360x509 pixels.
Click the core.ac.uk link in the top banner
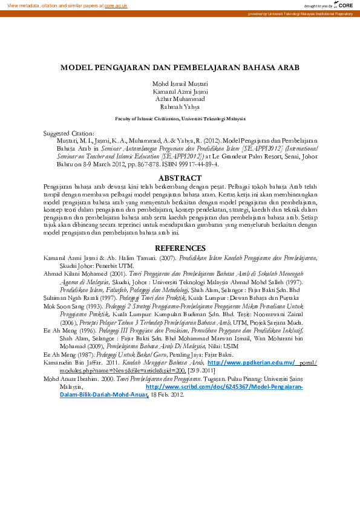tap(116, 5)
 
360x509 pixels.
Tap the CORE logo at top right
tap(344, 5)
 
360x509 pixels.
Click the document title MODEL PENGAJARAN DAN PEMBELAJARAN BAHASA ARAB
tap(180, 68)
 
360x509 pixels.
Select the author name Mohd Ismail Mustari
tap(180, 83)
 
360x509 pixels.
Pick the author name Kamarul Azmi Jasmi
tap(180, 91)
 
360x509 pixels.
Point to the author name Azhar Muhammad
tap(180, 99)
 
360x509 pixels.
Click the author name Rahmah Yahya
tap(180, 106)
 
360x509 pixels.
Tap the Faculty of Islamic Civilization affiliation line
tap(180, 120)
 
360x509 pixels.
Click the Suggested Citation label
tap(69, 132)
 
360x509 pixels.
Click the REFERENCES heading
tap(180, 248)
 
